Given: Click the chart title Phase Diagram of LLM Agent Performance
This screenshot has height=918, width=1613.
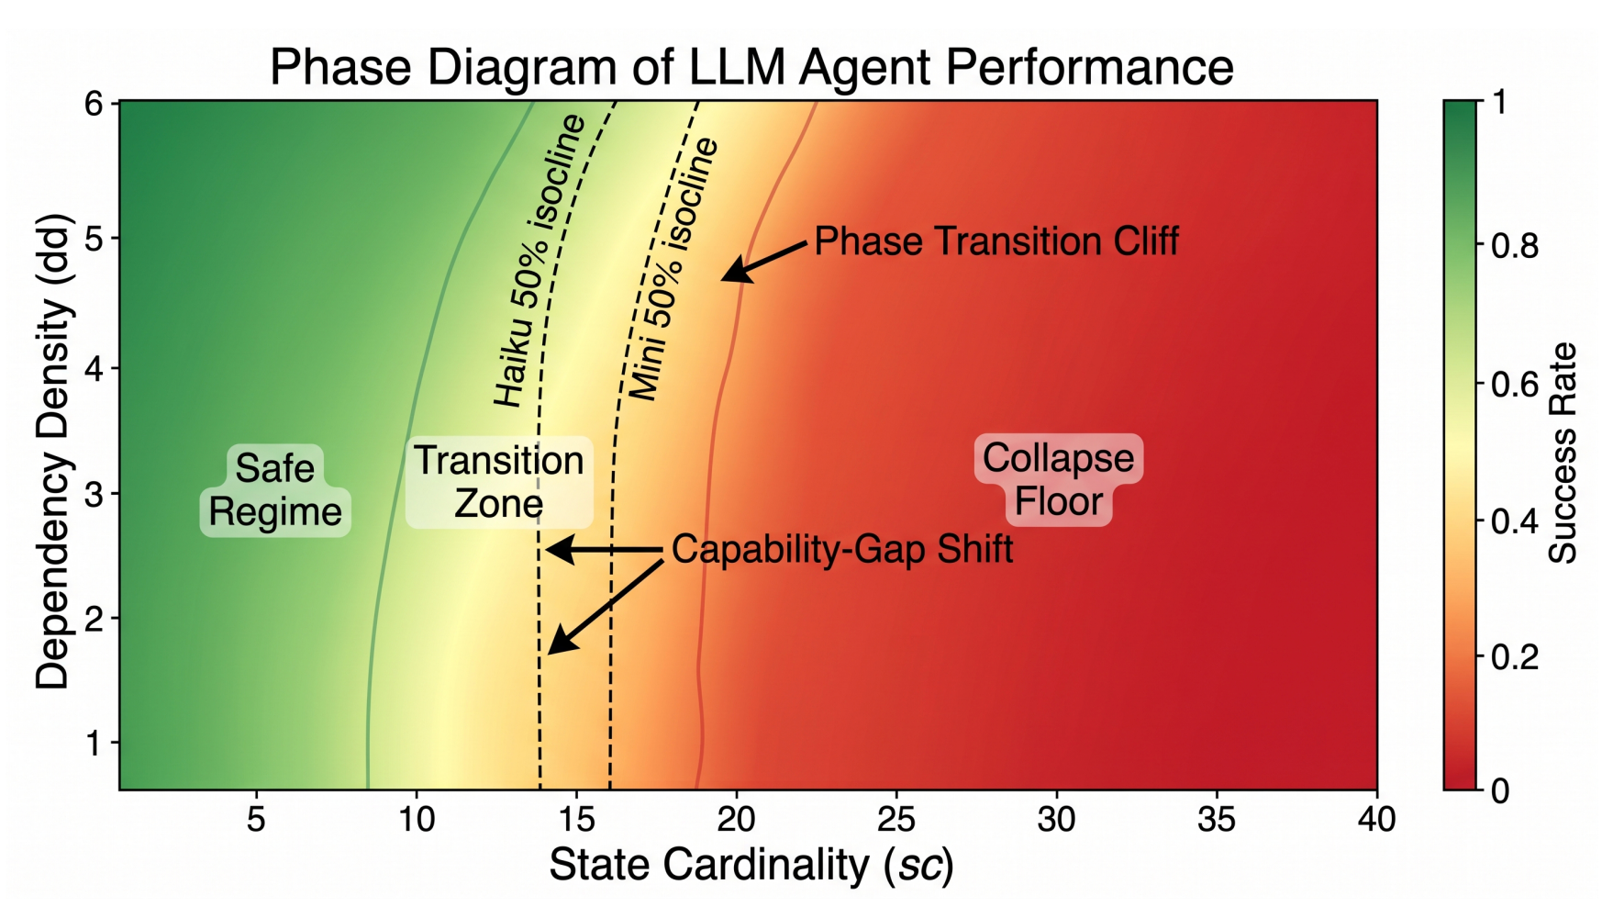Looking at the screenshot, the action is click(x=751, y=67).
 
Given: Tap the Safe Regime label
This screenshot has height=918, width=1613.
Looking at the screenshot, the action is click(x=275, y=490).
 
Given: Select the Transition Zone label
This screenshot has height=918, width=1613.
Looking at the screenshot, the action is click(x=499, y=482).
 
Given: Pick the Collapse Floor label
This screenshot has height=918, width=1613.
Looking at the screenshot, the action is click(x=1058, y=480).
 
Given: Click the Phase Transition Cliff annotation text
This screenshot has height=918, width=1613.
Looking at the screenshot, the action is click(x=996, y=241).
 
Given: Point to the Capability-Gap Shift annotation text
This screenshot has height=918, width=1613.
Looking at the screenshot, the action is click(x=842, y=549).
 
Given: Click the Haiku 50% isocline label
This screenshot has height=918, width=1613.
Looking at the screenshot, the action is click(x=539, y=261).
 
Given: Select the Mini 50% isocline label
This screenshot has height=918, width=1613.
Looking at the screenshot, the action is click(x=673, y=269).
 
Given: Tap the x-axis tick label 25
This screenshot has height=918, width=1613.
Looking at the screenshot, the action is click(x=896, y=819).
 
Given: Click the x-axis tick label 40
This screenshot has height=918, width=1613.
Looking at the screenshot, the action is click(x=1376, y=819).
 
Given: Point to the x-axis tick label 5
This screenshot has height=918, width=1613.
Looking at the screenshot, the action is click(x=256, y=819).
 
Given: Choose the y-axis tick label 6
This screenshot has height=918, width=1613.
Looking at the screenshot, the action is click(x=95, y=104).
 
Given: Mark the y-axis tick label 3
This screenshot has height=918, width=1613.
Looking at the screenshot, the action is click(x=95, y=494).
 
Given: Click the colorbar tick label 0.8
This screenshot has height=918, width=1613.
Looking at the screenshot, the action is click(x=1515, y=246).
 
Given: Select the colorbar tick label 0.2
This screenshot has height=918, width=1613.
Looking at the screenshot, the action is click(x=1515, y=657).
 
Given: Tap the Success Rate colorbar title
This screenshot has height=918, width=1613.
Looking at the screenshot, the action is click(x=1562, y=453).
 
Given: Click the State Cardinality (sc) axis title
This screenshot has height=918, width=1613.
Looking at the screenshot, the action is click(x=751, y=866).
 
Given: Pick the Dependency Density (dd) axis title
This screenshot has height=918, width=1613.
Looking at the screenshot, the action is click(x=53, y=451).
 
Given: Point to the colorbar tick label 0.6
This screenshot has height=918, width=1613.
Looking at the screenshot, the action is click(x=1515, y=384).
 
